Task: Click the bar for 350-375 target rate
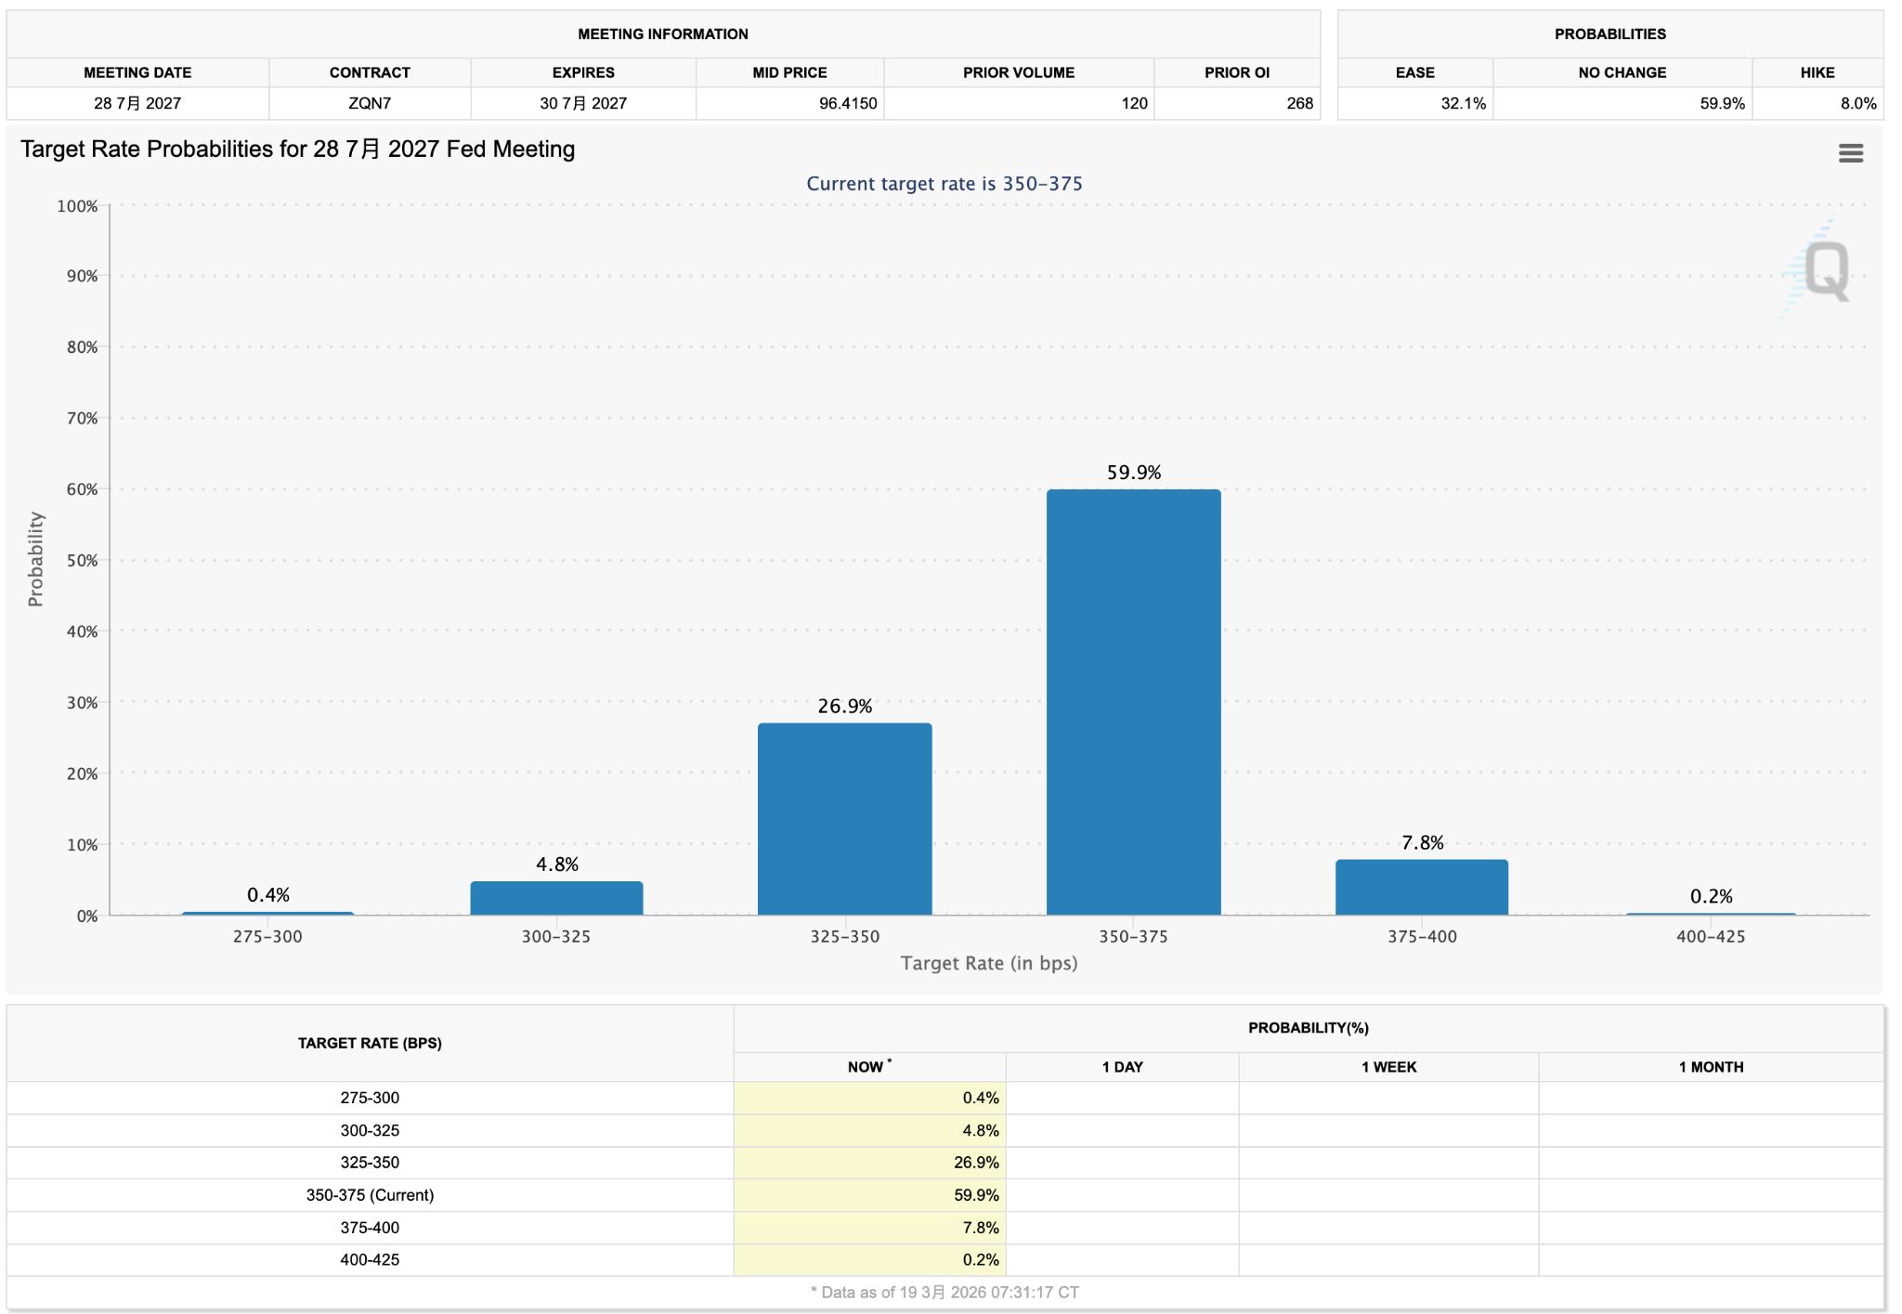(x=1133, y=702)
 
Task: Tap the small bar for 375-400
(x=1421, y=888)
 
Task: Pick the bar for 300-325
(x=556, y=898)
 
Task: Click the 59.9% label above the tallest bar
(x=1133, y=473)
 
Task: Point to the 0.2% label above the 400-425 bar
(x=1711, y=896)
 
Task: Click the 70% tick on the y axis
(x=82, y=419)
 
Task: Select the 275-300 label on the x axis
(x=267, y=937)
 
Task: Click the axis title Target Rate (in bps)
(x=989, y=963)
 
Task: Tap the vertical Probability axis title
(x=35, y=559)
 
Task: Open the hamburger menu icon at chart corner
(x=1850, y=153)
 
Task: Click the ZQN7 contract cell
(x=370, y=103)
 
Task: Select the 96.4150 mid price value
(x=847, y=103)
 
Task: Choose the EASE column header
(x=1414, y=72)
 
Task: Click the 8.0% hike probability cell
(x=1857, y=103)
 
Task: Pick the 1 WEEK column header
(x=1388, y=1067)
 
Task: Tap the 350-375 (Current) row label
(x=370, y=1195)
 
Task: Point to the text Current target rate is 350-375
(x=944, y=184)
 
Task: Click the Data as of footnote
(x=944, y=1292)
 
